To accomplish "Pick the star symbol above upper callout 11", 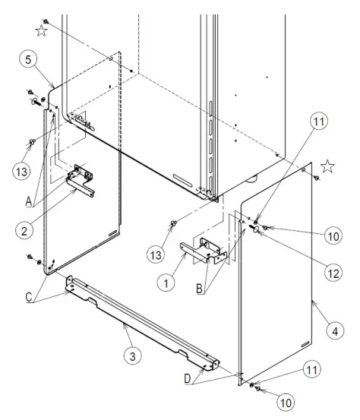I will (x=328, y=166).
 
